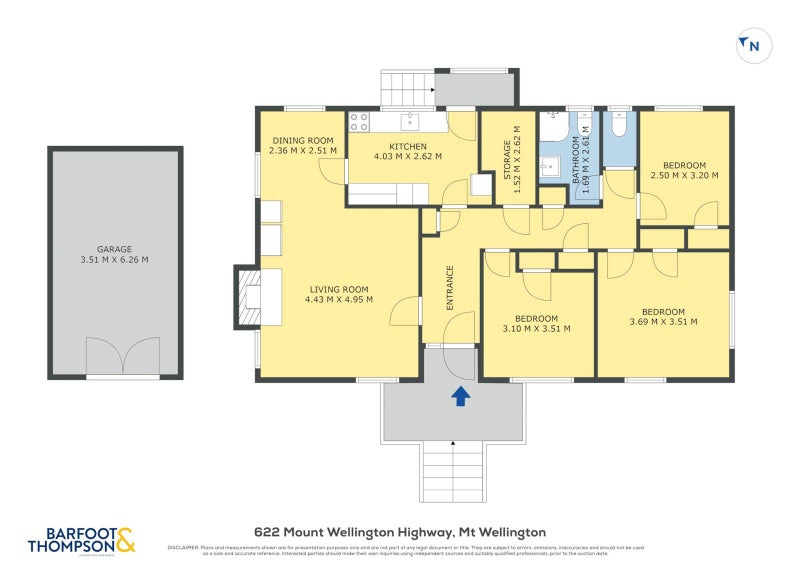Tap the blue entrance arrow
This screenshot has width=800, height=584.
461,397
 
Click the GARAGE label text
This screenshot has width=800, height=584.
114,249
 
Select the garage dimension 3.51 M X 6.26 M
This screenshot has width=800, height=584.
114,260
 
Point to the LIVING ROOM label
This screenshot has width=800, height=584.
339,287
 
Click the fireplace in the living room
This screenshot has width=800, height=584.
247,297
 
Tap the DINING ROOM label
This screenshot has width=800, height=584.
303,140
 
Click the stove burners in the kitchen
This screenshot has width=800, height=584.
359,122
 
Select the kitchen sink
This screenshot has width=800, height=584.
410,122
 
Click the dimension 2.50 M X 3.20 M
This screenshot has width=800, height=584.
685,175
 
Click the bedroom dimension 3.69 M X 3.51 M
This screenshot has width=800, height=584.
663,321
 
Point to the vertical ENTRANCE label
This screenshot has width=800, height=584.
450,288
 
